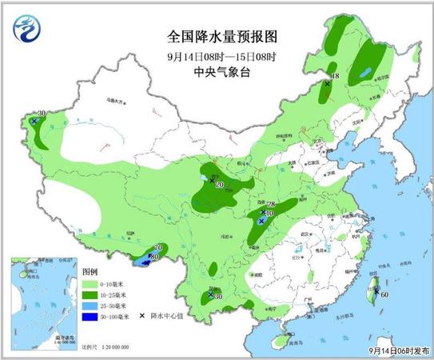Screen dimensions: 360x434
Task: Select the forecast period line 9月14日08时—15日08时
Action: click(217, 56)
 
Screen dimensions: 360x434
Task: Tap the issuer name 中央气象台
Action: click(217, 72)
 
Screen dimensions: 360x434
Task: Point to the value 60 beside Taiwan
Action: click(384, 294)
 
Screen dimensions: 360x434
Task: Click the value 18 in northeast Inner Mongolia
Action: click(335, 76)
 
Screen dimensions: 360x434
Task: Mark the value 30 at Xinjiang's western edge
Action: click(41, 114)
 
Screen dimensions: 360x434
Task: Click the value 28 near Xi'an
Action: click(270, 205)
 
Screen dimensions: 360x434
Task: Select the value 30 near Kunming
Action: click(217, 298)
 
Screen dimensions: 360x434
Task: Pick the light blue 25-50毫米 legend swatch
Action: click(93, 306)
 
